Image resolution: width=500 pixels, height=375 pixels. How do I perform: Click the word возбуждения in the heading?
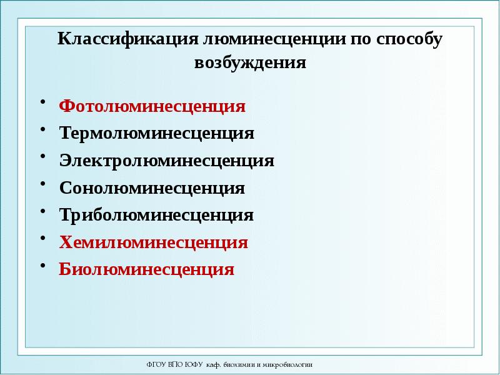click(250, 63)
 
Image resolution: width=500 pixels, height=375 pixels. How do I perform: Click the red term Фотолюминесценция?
click(152, 106)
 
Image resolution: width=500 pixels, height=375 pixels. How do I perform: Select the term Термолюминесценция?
click(157, 133)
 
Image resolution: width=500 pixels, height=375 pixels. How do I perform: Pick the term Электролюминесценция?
click(167, 161)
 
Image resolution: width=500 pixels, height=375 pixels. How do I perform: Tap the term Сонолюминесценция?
click(152, 187)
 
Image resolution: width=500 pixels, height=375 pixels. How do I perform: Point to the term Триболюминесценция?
click(156, 215)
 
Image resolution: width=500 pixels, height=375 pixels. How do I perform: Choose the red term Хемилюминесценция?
click(154, 242)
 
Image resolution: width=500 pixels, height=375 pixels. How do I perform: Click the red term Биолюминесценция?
click(147, 269)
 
